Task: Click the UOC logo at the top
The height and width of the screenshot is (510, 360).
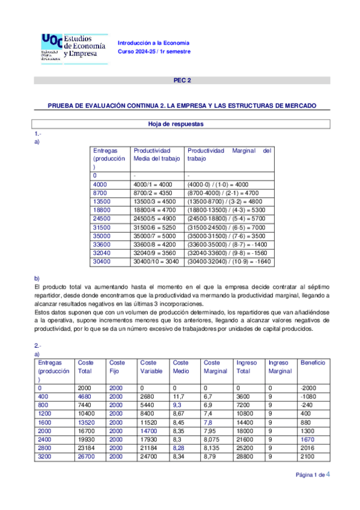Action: pos(73,46)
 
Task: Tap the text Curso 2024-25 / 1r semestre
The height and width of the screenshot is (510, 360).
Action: pos(154,52)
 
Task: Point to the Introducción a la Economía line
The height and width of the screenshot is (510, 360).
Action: pos(153,43)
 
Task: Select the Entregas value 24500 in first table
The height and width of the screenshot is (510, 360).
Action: pos(103,218)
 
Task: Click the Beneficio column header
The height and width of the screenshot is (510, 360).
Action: pos(313,363)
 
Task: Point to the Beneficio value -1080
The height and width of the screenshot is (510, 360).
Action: pos(308,397)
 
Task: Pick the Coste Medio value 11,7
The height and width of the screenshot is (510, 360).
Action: pos(178,397)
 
